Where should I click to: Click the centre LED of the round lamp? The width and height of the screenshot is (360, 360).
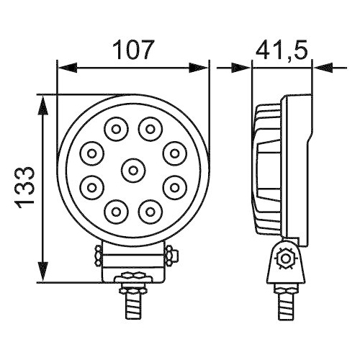[x=132, y=170]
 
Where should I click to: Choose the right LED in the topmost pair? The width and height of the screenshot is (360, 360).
[x=149, y=130]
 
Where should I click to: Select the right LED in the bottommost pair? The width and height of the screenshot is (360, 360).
[x=149, y=211]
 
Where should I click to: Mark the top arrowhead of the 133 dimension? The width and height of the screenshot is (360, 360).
[x=45, y=103]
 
